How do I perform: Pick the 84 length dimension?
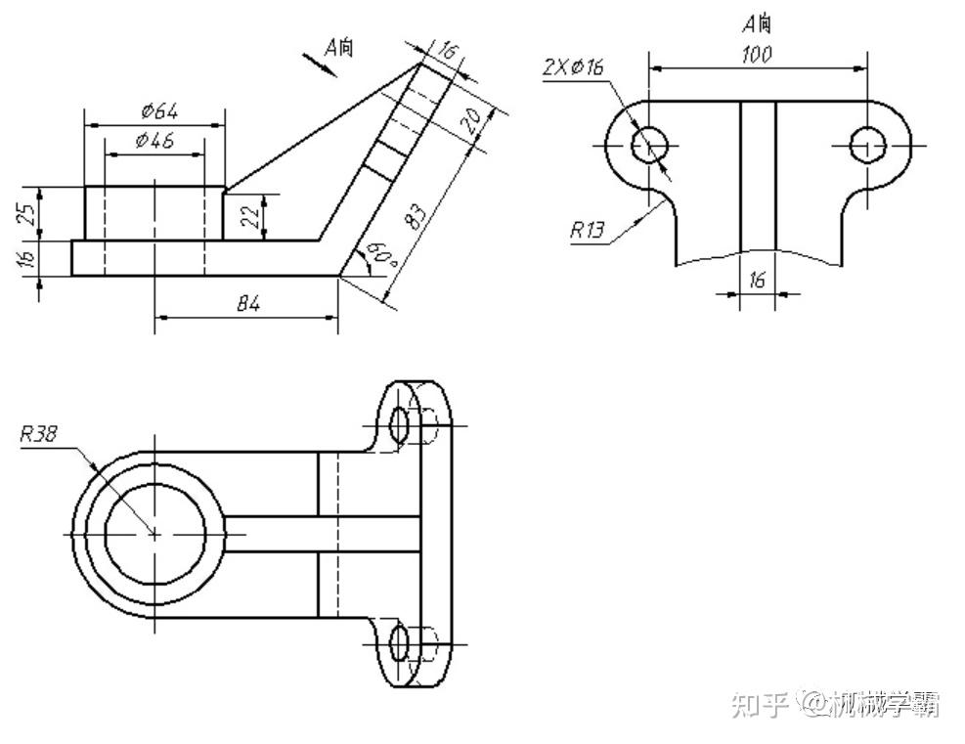pos(248,305)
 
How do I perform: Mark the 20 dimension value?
pos(470,121)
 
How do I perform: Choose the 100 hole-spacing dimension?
pos(757,55)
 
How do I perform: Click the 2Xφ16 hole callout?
pos(574,67)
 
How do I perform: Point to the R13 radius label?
pos(588,231)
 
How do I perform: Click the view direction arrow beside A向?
pos(318,63)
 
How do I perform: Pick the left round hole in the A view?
pos(649,146)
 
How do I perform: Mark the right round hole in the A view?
pos(866,146)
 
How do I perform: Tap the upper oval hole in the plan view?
pos(399,424)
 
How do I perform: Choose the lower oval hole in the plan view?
pos(399,642)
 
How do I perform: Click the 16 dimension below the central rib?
pos(758,280)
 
